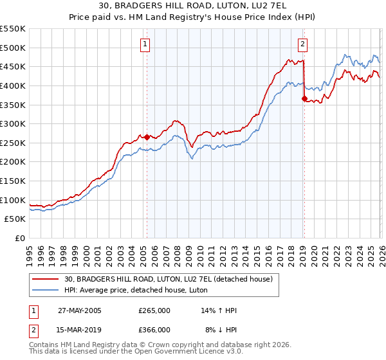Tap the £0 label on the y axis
[x=20, y=239]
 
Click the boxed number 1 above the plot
[x=145, y=44]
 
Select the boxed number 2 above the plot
[x=302, y=44]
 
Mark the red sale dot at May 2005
[x=147, y=137]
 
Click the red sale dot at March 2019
[x=304, y=98]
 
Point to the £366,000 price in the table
[x=154, y=329]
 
